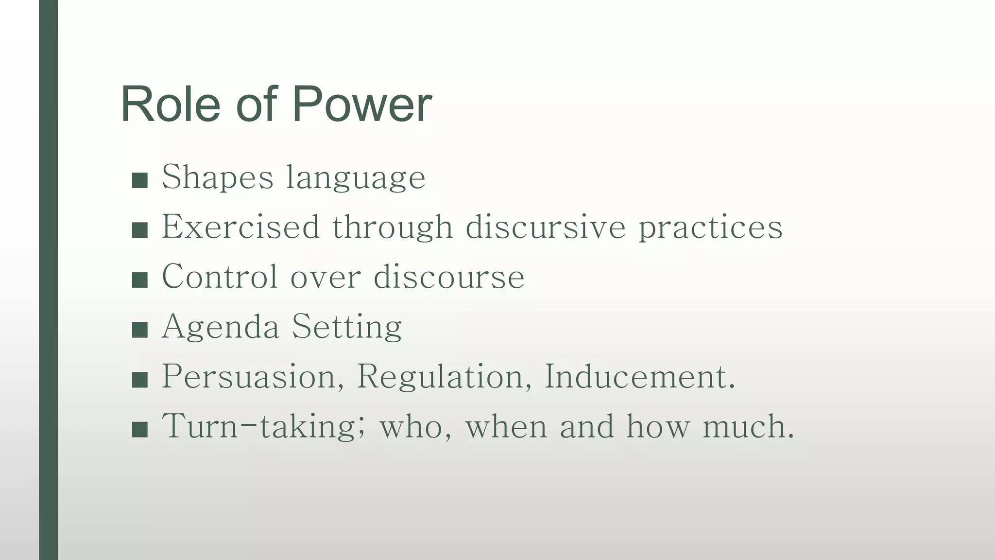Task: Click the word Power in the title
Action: click(x=362, y=105)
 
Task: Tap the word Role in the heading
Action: click(x=171, y=105)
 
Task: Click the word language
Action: click(x=356, y=178)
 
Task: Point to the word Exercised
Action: click(x=240, y=227)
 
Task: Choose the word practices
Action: click(x=710, y=227)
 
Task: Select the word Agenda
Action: click(x=220, y=327)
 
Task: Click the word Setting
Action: click(x=347, y=327)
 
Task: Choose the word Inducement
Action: click(x=639, y=376)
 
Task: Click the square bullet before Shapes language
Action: click(x=139, y=180)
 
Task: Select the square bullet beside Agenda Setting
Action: click(x=139, y=330)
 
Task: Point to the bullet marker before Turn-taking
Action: click(x=139, y=429)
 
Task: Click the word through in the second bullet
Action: click(x=393, y=227)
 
